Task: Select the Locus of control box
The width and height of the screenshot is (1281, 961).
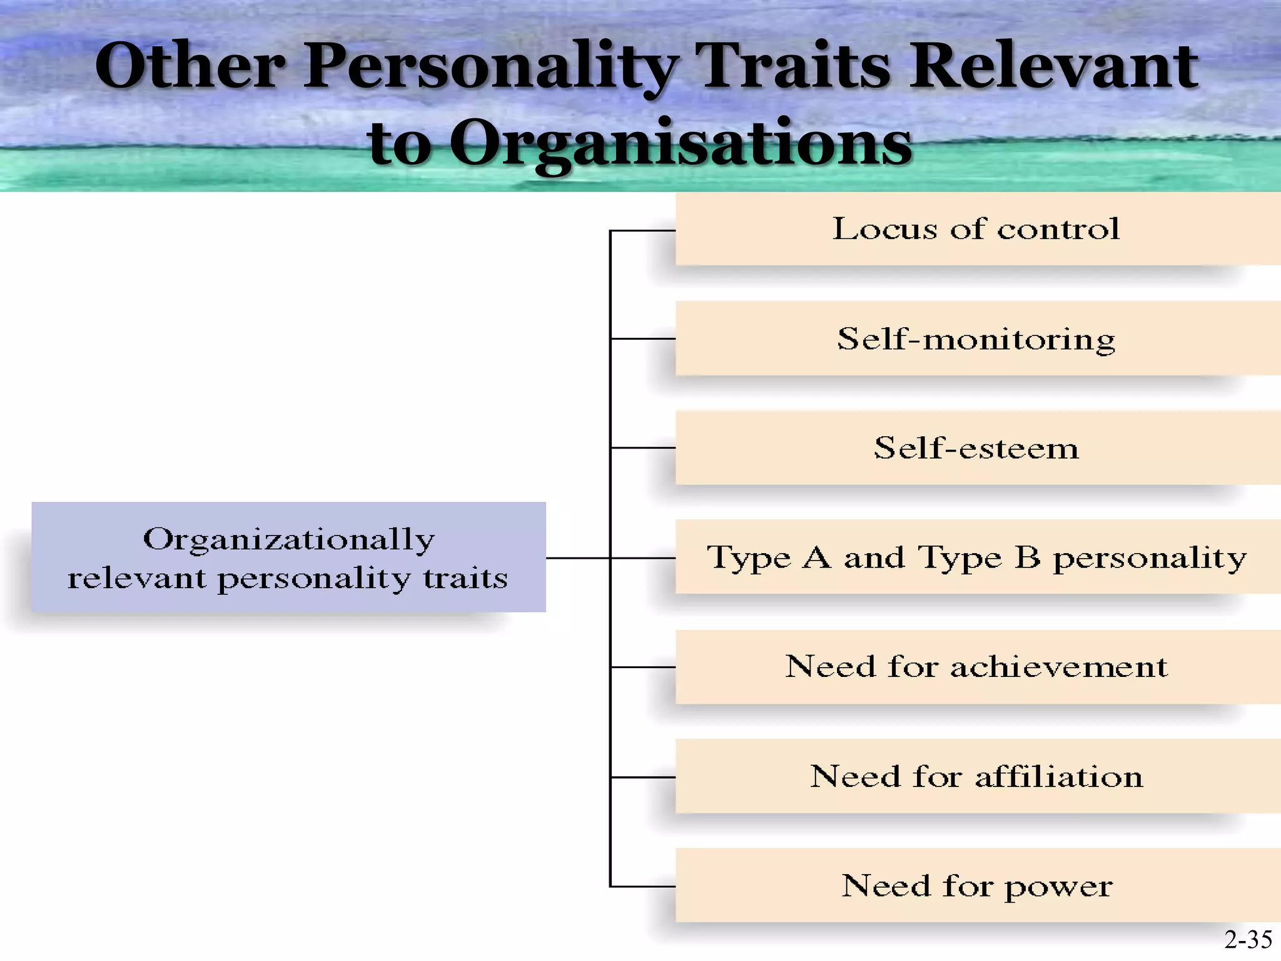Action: pyautogui.click(x=976, y=229)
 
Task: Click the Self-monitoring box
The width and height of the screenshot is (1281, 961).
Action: pyautogui.click(x=976, y=338)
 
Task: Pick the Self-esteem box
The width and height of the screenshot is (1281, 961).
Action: pyautogui.click(x=976, y=448)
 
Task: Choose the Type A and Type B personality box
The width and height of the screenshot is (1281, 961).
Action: pyautogui.click(x=976, y=557)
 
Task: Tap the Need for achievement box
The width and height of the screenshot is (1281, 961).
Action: pyautogui.click(x=976, y=666)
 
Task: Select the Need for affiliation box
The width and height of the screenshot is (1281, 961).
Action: pyautogui.click(x=976, y=776)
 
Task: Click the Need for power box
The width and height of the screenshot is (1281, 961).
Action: pyautogui.click(x=976, y=886)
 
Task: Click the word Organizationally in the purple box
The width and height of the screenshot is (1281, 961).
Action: pyautogui.click(x=288, y=539)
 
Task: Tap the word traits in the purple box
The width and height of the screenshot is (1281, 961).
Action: pyautogui.click(x=465, y=578)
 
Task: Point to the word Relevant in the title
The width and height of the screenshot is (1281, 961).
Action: pyautogui.click(x=1054, y=66)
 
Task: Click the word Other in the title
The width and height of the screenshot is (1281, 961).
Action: pyautogui.click(x=190, y=66)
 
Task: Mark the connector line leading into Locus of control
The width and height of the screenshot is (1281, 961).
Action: pyautogui.click(x=643, y=231)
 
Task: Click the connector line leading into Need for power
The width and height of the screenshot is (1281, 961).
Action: pyautogui.click(x=643, y=887)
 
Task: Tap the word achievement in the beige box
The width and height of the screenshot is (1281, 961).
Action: pyautogui.click(x=1058, y=667)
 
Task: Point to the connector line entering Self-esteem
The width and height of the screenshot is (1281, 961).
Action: pyautogui.click(x=643, y=448)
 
